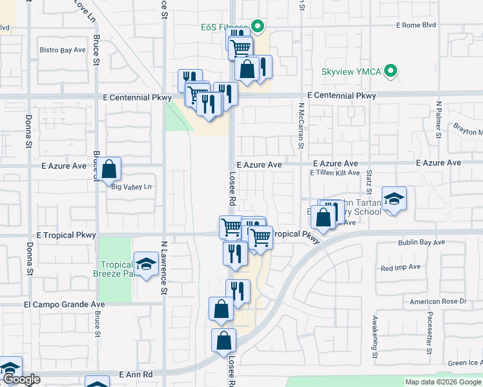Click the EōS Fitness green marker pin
[x=258, y=27]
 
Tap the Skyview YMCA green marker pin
[x=390, y=72]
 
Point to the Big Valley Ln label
[x=131, y=187]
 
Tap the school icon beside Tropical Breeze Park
[x=147, y=264]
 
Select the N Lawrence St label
[x=164, y=268]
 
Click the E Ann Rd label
[x=136, y=374]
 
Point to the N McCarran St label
[x=301, y=126]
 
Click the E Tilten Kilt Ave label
[x=334, y=173]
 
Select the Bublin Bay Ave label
[x=421, y=243]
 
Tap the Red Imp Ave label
[x=400, y=267]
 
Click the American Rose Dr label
[x=438, y=301]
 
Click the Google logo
[x=21, y=380]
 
